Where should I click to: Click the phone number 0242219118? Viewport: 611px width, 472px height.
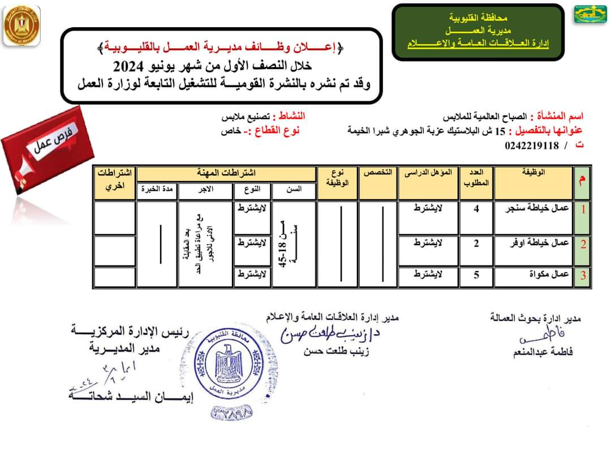point(531,146)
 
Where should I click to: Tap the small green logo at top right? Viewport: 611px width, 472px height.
point(591,14)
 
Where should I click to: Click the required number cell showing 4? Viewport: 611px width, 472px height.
point(476,209)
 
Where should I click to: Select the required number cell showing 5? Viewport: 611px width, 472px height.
point(476,275)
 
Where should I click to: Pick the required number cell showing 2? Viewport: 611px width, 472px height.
point(476,244)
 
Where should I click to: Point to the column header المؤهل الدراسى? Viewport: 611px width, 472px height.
point(427,172)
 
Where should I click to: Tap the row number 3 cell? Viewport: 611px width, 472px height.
point(582,276)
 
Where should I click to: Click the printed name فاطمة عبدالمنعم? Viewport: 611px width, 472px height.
point(541,352)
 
